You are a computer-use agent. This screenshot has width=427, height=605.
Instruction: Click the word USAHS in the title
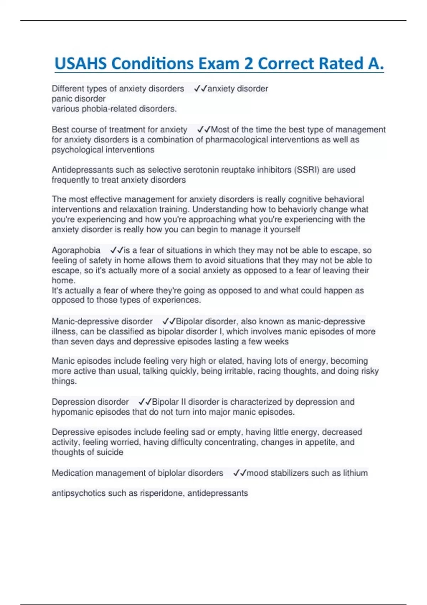[81, 64]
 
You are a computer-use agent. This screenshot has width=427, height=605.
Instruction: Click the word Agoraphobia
[76, 250]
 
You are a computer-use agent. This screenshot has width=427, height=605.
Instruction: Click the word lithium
[355, 473]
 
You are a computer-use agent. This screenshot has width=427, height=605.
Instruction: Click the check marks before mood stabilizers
[239, 473]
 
